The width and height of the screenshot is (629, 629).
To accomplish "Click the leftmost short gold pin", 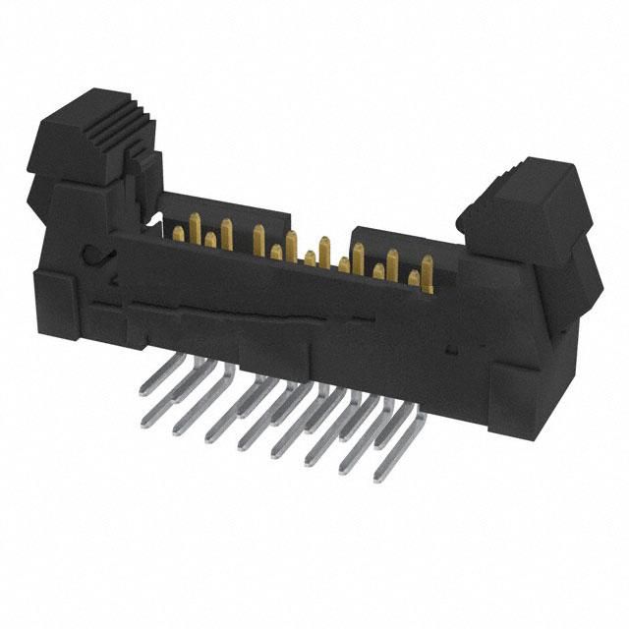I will (210, 239).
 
